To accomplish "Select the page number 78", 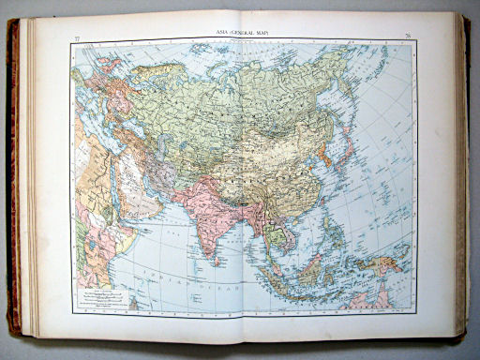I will (x=409, y=37).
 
